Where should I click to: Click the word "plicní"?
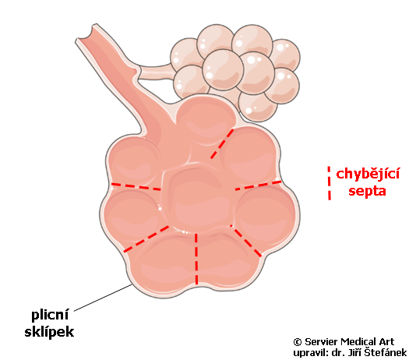pyautogui.click(x=50, y=316)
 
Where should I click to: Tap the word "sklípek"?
pyautogui.click(x=49, y=332)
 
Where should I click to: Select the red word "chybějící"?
pyautogui.click(x=368, y=175)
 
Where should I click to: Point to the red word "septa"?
pyautogui.click(x=367, y=191)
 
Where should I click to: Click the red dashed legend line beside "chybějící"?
pyautogui.click(x=330, y=183)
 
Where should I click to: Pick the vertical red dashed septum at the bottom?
pyautogui.click(x=196, y=259)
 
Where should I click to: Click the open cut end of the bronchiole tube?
pyautogui.click(x=85, y=34)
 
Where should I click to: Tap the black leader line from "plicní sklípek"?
pyautogui.click(x=103, y=298)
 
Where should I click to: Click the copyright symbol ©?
pyautogui.click(x=298, y=342)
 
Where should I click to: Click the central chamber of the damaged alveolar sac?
pyautogui.click(x=198, y=198)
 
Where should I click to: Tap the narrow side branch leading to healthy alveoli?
pyautogui.click(x=155, y=72)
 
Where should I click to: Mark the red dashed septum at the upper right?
pyautogui.click(x=222, y=143)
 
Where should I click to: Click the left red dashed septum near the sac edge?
pyautogui.click(x=136, y=186)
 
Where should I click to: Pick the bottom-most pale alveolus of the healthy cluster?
pyautogui.click(x=257, y=108)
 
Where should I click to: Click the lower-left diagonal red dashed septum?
pyautogui.click(x=146, y=239)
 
